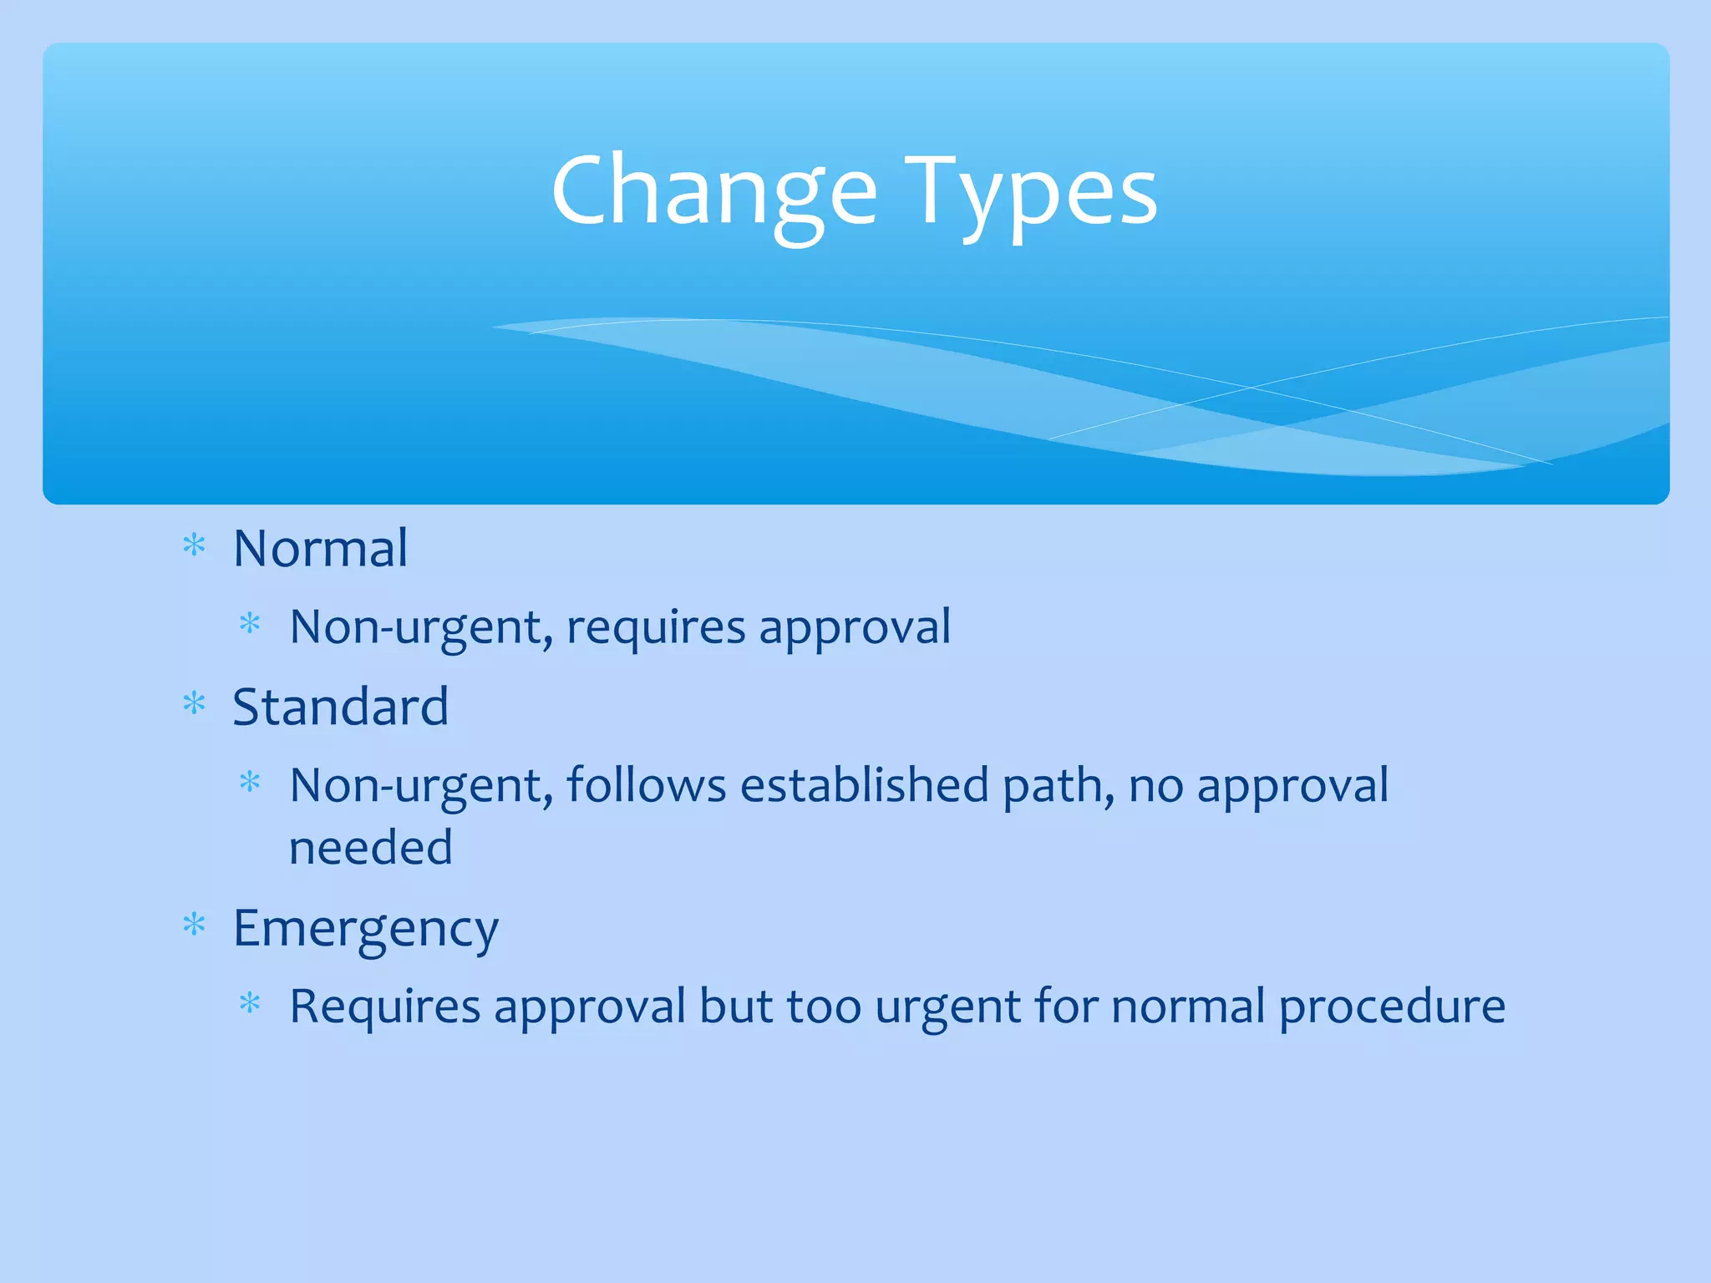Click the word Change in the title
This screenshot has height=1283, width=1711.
pyautogui.click(x=714, y=192)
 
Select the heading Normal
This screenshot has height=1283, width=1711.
pyautogui.click(x=321, y=549)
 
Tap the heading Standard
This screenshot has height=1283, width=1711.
pyautogui.click(x=341, y=707)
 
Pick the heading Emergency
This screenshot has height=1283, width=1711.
pyautogui.click(x=366, y=929)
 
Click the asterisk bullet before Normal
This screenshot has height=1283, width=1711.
pyautogui.click(x=194, y=546)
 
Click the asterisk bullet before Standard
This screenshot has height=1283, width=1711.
pyautogui.click(x=194, y=705)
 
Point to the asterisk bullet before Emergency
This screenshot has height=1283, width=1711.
pyautogui.click(x=194, y=925)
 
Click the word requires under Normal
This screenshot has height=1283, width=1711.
pyautogui.click(x=656, y=627)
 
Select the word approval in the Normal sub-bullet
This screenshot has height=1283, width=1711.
pyautogui.click(x=855, y=627)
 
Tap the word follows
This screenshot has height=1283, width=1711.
pyautogui.click(x=647, y=786)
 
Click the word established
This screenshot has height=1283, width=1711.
pyautogui.click(x=865, y=786)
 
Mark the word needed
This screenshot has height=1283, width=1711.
pyautogui.click(x=371, y=848)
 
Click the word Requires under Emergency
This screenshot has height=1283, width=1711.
pyautogui.click(x=385, y=1006)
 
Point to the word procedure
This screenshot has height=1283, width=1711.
pyautogui.click(x=1393, y=1006)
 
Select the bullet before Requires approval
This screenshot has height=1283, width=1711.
pyautogui.click(x=250, y=1003)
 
